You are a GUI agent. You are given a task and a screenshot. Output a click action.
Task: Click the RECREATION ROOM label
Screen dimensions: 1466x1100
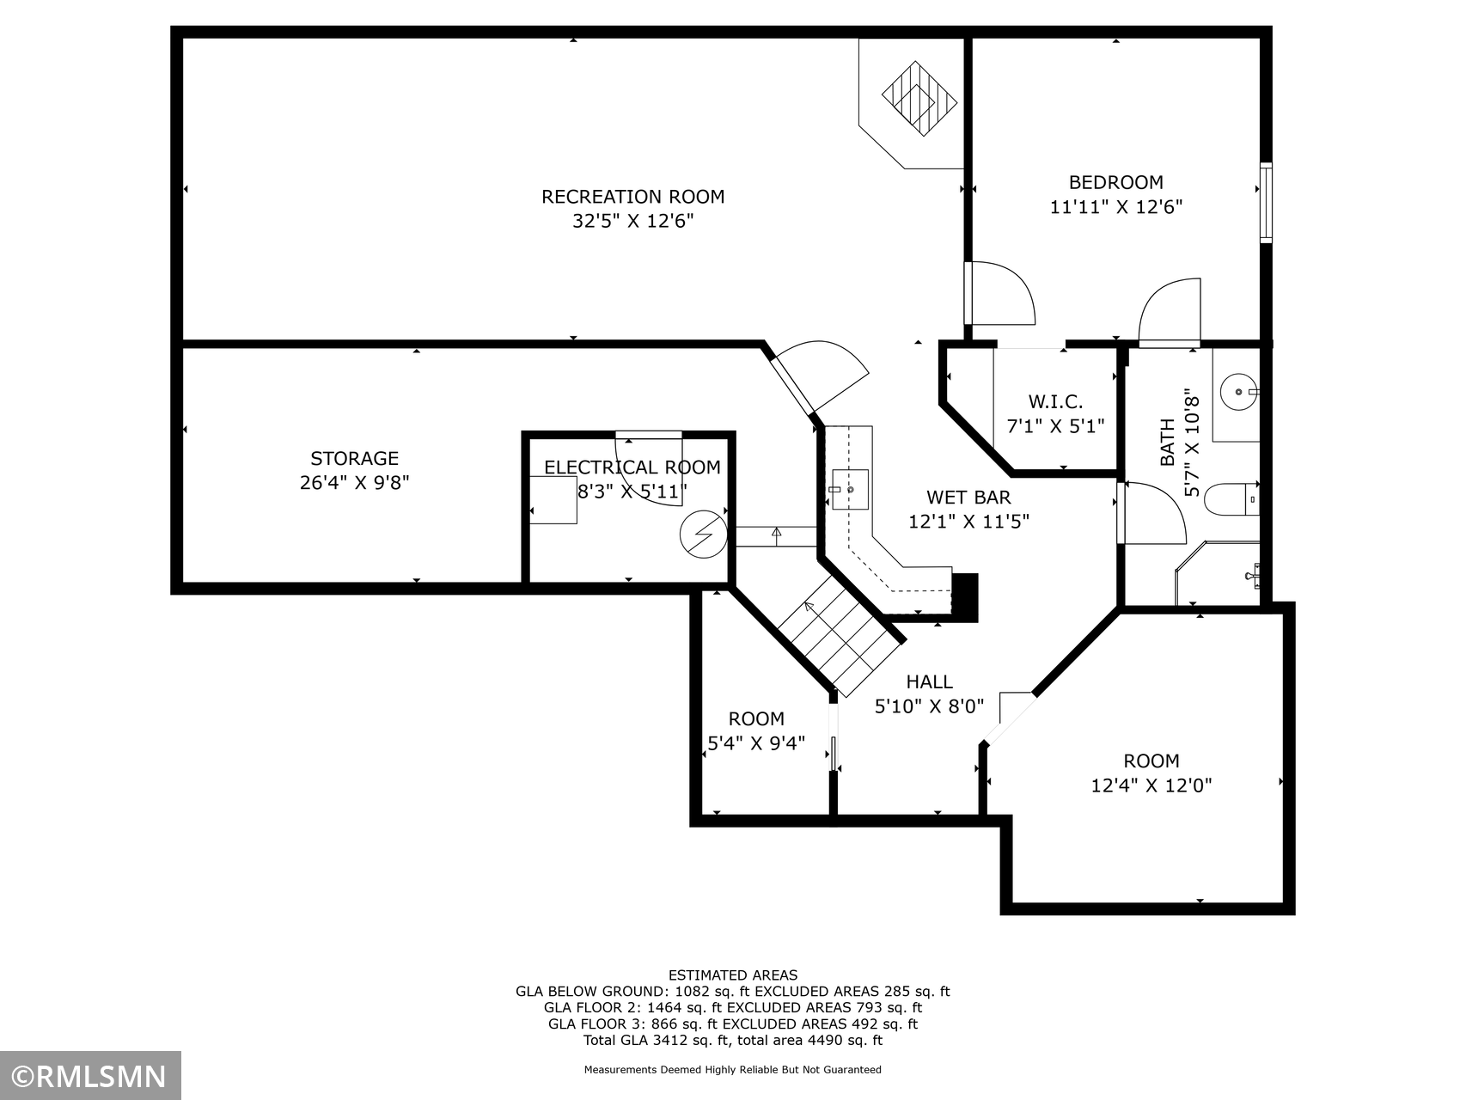(x=632, y=197)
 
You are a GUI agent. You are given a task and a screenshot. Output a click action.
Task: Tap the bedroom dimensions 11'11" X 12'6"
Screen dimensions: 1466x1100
(x=1116, y=207)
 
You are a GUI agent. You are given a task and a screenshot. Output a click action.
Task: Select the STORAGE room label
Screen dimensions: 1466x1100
(x=354, y=459)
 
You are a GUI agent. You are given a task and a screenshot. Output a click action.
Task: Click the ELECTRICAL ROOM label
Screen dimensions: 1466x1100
(x=632, y=467)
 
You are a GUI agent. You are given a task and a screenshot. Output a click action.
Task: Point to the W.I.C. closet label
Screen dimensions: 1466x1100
(x=1055, y=401)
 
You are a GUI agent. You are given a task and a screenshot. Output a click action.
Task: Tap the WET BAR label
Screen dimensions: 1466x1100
(x=968, y=498)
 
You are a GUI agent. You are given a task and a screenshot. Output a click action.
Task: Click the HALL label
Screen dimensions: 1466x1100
(x=929, y=682)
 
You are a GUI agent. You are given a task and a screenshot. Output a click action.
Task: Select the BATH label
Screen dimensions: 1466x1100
(x=1167, y=442)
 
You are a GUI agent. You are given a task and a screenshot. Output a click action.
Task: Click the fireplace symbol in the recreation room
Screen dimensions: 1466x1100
(x=919, y=98)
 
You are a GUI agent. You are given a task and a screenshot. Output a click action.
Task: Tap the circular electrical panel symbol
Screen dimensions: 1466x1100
(x=703, y=535)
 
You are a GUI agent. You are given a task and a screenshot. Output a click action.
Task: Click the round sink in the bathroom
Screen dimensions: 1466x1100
(x=1238, y=392)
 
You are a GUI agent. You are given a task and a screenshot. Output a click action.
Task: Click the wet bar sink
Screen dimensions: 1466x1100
(x=850, y=489)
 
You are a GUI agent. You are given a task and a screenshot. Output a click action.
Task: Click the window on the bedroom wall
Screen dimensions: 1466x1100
(x=1266, y=202)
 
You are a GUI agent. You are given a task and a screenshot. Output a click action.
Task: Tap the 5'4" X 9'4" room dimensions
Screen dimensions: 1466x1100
(x=756, y=743)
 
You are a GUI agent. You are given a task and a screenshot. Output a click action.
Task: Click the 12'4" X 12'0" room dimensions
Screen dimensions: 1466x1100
(x=1151, y=785)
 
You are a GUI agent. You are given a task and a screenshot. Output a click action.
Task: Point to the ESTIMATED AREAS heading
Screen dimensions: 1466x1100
(x=733, y=975)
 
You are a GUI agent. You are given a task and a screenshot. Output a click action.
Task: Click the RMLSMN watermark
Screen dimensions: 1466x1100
(x=90, y=1077)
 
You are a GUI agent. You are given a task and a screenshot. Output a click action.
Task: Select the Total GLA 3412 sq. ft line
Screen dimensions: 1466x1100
(x=733, y=1041)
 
